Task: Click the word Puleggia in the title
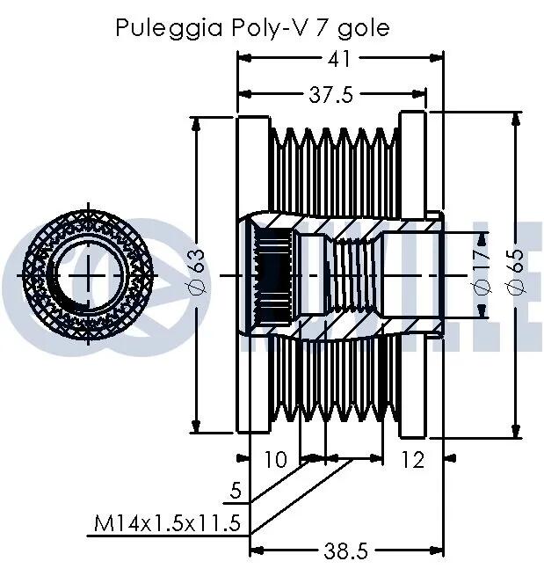click(170, 28)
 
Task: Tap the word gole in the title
click(363, 28)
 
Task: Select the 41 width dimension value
click(339, 58)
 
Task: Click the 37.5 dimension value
click(330, 95)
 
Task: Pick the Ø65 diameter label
click(517, 273)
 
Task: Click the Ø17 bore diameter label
click(482, 273)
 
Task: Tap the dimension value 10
click(275, 459)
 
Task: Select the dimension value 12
click(413, 459)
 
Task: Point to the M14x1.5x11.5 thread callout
click(167, 523)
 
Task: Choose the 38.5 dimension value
click(345, 551)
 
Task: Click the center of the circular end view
click(88, 274)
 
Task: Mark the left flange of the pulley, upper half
click(253, 164)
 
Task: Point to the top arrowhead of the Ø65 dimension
click(517, 119)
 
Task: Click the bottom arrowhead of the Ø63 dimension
click(196, 427)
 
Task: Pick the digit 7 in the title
click(322, 27)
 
